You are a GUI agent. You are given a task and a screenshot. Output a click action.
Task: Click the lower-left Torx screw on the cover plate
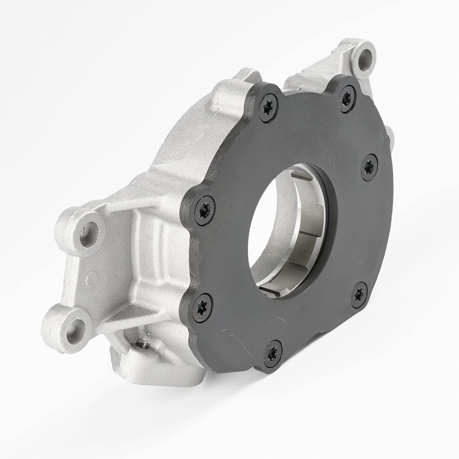tap(201, 301)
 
